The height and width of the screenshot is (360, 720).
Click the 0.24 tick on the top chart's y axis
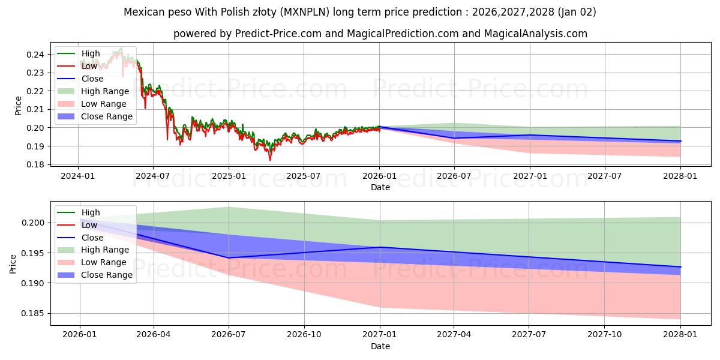[x=35, y=55]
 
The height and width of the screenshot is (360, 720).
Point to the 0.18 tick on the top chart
[x=35, y=164]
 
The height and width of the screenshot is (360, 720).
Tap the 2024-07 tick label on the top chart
[x=152, y=176]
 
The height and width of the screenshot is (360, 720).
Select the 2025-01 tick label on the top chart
[x=228, y=176]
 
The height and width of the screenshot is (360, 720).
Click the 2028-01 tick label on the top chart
[x=680, y=176]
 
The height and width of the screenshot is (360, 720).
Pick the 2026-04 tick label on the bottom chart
[x=154, y=335]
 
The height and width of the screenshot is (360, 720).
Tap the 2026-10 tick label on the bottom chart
[x=304, y=335]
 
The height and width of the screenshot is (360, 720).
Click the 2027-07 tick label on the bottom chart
[x=529, y=335]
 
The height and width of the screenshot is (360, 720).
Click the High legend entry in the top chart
[x=91, y=53]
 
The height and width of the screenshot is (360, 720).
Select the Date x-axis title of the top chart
[x=380, y=187]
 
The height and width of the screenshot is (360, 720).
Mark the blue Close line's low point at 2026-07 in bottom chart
[x=229, y=258]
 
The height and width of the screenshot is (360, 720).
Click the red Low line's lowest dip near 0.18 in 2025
[x=269, y=160]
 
